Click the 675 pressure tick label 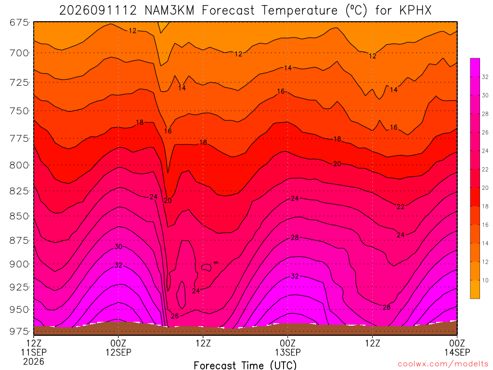click(x=19, y=23)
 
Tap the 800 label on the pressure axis click(x=19, y=165)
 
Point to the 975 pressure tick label click(x=19, y=331)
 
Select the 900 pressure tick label click(x=19, y=264)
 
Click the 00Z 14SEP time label click(x=457, y=347)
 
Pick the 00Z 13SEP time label click(x=288, y=347)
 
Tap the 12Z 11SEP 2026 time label click(x=34, y=352)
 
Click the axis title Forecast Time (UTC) click(x=245, y=365)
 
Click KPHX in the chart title click(x=415, y=11)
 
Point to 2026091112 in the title click(x=98, y=11)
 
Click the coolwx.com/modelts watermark click(x=443, y=364)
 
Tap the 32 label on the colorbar click(x=485, y=77)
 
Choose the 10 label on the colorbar click(x=485, y=280)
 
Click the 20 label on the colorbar click(x=485, y=188)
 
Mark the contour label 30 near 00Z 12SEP click(x=118, y=247)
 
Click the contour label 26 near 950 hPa click(x=175, y=316)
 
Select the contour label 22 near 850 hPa click(x=401, y=207)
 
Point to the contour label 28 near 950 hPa click(x=387, y=307)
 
